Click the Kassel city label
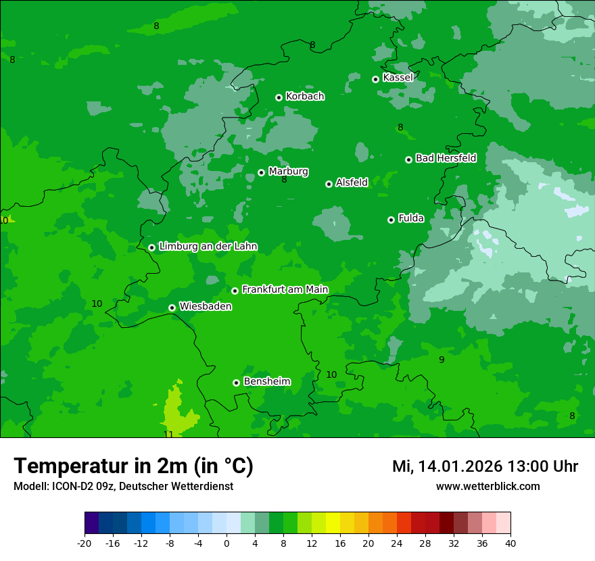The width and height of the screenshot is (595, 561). click(x=398, y=78)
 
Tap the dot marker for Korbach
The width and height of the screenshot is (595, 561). click(x=279, y=97)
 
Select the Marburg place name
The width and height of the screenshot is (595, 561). click(x=288, y=172)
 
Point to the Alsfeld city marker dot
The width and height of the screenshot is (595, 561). click(x=329, y=184)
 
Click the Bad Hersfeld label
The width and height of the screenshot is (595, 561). click(x=446, y=158)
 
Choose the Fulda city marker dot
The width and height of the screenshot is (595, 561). click(x=391, y=220)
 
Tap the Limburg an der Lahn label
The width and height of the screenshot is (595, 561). click(x=208, y=247)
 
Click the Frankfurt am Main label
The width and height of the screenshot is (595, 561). click(x=285, y=290)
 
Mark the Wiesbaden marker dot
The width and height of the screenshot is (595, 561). click(x=172, y=308)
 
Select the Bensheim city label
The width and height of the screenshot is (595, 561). click(x=266, y=382)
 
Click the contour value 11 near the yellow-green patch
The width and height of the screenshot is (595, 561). click(x=168, y=434)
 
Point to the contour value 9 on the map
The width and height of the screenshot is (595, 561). click(x=442, y=360)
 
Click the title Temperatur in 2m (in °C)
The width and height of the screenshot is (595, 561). click(x=134, y=466)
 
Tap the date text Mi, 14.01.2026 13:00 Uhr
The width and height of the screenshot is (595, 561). click(x=485, y=466)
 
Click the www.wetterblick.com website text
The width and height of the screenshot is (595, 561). click(x=487, y=486)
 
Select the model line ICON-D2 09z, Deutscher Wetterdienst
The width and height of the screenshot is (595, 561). click(x=123, y=486)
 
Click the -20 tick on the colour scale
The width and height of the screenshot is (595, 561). click(x=85, y=543)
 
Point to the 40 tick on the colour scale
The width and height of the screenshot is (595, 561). click(x=510, y=543)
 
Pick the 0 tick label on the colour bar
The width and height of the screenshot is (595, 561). click(x=227, y=543)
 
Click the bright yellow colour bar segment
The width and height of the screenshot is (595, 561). click(x=333, y=523)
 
